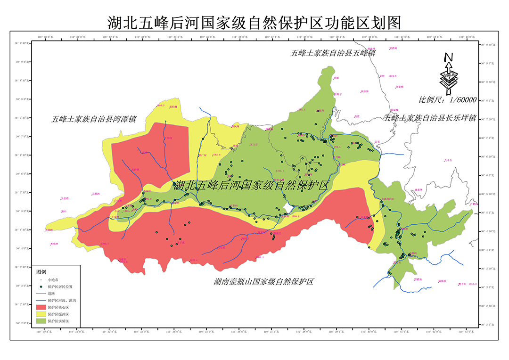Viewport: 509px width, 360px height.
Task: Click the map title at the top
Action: tap(254, 22)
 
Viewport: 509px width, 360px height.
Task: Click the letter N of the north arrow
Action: tap(448, 57)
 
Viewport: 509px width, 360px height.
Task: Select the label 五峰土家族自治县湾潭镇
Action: tap(93, 119)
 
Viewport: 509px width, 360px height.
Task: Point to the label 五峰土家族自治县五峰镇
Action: tap(333, 53)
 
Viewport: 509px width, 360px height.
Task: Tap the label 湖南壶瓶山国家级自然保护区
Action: tap(263, 282)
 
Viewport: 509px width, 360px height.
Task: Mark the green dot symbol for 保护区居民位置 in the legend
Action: tap(41, 286)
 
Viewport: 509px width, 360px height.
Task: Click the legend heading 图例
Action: tap(41, 272)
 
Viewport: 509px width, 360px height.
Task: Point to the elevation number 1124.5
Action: tap(392, 76)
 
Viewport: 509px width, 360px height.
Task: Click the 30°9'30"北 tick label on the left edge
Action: tap(22, 43)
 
